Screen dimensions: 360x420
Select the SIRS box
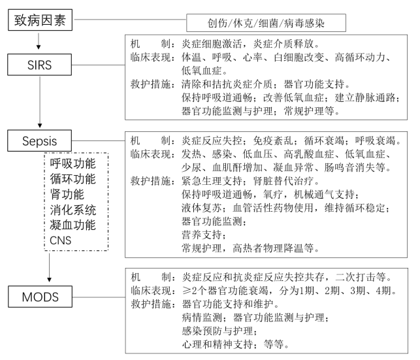point(40,66)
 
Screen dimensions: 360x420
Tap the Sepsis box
point(40,140)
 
